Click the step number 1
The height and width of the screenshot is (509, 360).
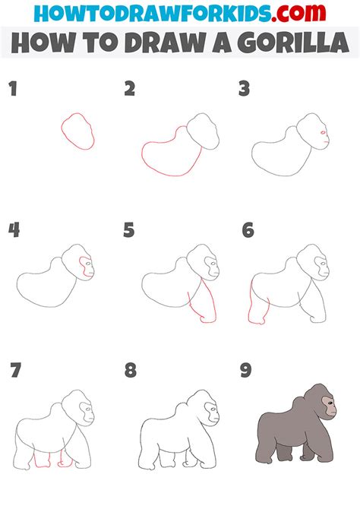(13, 89)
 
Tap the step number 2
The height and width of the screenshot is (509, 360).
(130, 89)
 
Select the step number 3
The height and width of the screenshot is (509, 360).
(244, 89)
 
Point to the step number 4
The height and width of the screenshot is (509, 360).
(14, 230)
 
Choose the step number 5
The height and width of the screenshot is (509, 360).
(129, 230)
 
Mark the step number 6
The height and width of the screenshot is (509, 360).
(248, 230)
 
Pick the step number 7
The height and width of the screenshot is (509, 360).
(16, 371)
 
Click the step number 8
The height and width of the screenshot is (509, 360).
(131, 371)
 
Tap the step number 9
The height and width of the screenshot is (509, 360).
(246, 371)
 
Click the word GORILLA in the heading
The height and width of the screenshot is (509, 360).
(293, 43)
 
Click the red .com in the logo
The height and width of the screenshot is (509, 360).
(298, 13)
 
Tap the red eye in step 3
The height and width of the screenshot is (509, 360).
(323, 132)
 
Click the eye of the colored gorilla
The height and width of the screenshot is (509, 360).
(330, 403)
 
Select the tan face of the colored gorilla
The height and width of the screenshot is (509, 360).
(330, 406)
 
